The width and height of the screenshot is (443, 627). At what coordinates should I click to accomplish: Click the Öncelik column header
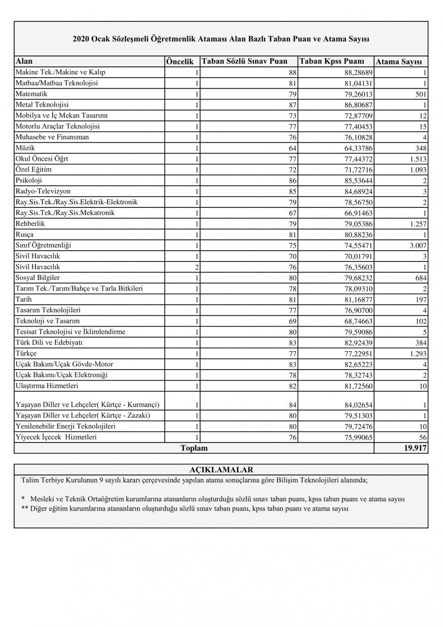point(180,62)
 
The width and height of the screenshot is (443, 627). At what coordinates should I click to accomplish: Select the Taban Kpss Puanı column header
point(332,61)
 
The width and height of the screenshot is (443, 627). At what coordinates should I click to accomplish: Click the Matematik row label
point(31,94)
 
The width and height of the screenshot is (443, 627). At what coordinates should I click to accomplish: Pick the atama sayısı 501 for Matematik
point(421,94)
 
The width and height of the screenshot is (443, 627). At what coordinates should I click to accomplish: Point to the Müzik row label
point(25,148)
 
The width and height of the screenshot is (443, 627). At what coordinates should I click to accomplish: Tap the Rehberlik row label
point(30,224)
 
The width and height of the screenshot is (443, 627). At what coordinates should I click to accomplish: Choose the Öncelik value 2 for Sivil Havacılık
point(197,267)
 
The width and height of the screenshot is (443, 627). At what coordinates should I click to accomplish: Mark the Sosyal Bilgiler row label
point(38,278)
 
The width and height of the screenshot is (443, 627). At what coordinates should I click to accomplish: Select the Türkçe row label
point(26,354)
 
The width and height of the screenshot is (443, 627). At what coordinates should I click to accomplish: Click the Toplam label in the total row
point(194,448)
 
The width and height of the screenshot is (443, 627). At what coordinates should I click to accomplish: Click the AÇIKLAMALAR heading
point(221,470)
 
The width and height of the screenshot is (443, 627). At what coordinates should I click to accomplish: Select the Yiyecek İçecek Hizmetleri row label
point(56,437)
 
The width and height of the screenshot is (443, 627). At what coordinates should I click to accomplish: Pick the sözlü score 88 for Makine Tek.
point(292,73)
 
